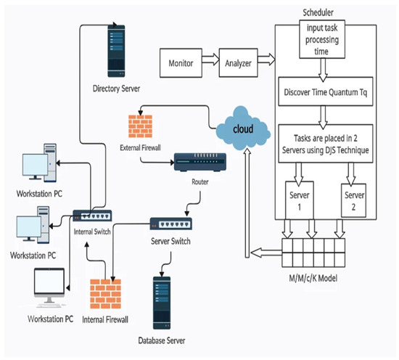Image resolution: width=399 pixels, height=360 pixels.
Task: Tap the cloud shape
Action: [242, 127]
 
